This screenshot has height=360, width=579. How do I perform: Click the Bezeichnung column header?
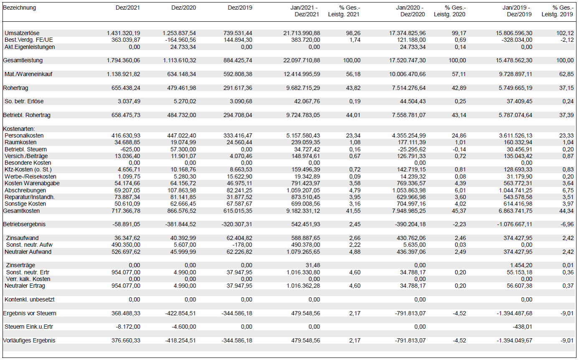(x=19, y=8)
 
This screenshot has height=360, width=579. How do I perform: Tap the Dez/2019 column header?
(x=240, y=8)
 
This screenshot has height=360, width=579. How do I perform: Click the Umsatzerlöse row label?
(x=22, y=33)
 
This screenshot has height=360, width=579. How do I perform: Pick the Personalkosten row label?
(x=24, y=136)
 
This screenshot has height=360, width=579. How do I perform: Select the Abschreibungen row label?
(x=25, y=190)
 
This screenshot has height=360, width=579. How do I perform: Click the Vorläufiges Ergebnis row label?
(x=29, y=340)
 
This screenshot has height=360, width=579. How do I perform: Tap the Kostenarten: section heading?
(x=20, y=129)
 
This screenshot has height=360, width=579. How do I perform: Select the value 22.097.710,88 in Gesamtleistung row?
(x=302, y=61)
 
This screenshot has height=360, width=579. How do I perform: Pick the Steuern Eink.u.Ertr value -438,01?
(x=522, y=327)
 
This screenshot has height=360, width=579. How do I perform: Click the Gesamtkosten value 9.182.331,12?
(x=303, y=211)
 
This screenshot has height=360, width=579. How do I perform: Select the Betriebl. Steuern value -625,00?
(x=131, y=149)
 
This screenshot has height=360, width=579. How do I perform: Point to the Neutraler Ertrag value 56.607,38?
(x=517, y=286)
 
